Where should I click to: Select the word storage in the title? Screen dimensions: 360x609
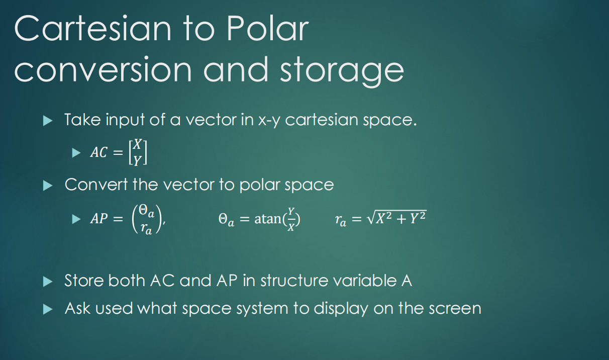(x=342, y=70)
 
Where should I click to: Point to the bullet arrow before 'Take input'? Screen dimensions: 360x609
(x=48, y=121)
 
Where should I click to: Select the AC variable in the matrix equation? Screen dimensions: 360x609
(x=98, y=153)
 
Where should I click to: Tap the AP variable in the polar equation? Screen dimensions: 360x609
(x=99, y=220)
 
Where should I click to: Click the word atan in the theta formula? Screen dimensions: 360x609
(x=269, y=220)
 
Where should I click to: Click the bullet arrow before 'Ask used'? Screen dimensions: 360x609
(x=48, y=308)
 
